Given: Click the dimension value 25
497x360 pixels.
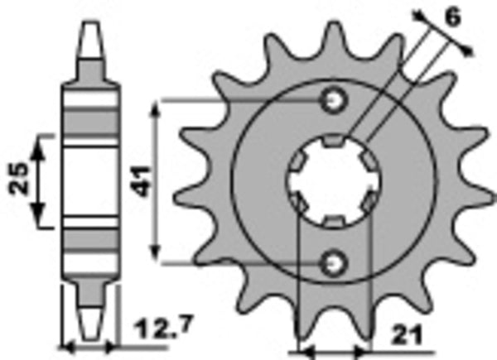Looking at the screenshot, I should coord(22,180).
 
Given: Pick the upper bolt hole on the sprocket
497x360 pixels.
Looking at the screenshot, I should coord(334,100).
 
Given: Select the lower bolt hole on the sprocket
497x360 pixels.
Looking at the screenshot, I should coord(334,262).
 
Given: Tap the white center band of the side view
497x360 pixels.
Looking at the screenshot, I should coord(91,180).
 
